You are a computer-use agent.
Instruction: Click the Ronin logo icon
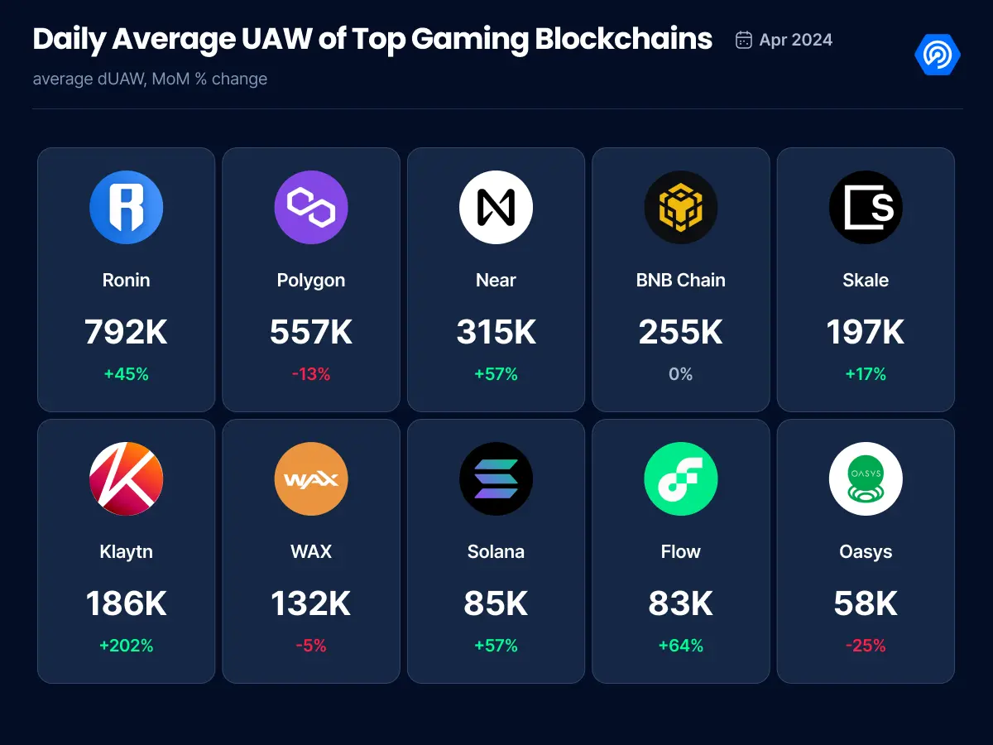pos(126,207)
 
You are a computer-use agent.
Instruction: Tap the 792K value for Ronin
pos(126,332)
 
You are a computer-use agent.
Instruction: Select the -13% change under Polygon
pos(311,374)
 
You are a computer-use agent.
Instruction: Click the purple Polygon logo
pos(311,207)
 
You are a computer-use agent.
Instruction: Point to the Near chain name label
pos(496,280)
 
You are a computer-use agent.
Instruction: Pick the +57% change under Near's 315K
pos(496,374)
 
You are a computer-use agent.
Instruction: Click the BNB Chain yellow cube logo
pos(680,207)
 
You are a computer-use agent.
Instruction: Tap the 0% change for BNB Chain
pos(680,374)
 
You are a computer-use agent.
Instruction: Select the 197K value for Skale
pos(866,332)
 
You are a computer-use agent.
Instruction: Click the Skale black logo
pos(866,207)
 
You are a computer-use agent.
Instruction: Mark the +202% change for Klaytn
pos(126,646)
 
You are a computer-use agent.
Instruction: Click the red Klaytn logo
pos(126,478)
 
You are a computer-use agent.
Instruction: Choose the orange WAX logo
pos(311,478)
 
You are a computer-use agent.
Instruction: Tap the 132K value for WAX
pos(311,603)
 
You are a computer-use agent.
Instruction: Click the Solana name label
pos(496,551)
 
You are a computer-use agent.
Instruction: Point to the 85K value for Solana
pos(496,603)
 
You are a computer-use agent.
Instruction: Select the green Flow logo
pos(680,478)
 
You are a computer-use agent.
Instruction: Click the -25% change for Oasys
pos(866,646)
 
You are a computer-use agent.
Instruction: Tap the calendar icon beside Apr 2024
pos(743,40)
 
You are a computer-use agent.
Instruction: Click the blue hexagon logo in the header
pos(938,55)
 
